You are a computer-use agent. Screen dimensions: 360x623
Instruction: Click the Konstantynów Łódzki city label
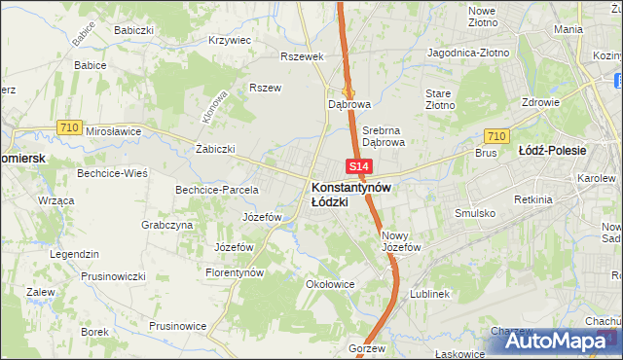click(350, 194)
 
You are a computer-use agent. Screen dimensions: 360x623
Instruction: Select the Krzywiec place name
click(231, 41)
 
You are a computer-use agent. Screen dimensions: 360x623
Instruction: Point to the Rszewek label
click(301, 56)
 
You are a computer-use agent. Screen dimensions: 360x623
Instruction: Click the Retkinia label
click(535, 200)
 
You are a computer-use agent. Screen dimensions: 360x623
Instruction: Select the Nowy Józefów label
click(400, 241)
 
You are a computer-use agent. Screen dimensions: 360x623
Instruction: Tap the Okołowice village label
click(329, 285)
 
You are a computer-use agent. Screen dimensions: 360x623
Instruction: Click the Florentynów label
click(236, 273)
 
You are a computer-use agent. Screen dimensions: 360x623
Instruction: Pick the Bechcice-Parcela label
click(216, 190)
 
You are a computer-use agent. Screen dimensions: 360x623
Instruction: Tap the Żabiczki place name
click(216, 149)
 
